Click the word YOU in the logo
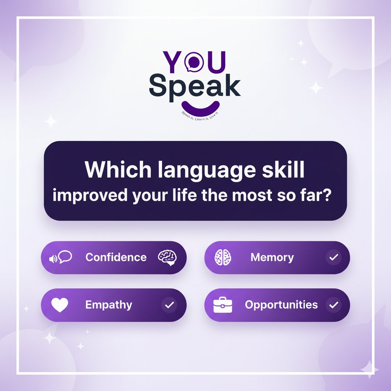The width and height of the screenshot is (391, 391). coord(195,61)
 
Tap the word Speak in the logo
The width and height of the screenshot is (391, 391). coord(195,86)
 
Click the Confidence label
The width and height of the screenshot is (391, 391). coord(116,257)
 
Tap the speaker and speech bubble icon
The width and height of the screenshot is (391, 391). coord(61,257)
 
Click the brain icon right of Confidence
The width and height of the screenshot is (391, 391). coord(168,257)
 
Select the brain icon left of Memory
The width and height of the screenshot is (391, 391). coord(224,257)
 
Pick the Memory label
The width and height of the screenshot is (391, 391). coord(272,257)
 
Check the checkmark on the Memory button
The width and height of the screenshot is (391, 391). coord(334,258)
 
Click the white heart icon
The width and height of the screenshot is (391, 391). coord(60,305)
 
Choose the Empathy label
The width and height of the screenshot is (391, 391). coord(108,305)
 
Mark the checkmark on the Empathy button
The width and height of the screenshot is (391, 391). coord(170,305)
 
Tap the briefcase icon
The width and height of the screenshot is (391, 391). coord(223,305)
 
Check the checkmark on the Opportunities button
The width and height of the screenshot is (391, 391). coord(334,305)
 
